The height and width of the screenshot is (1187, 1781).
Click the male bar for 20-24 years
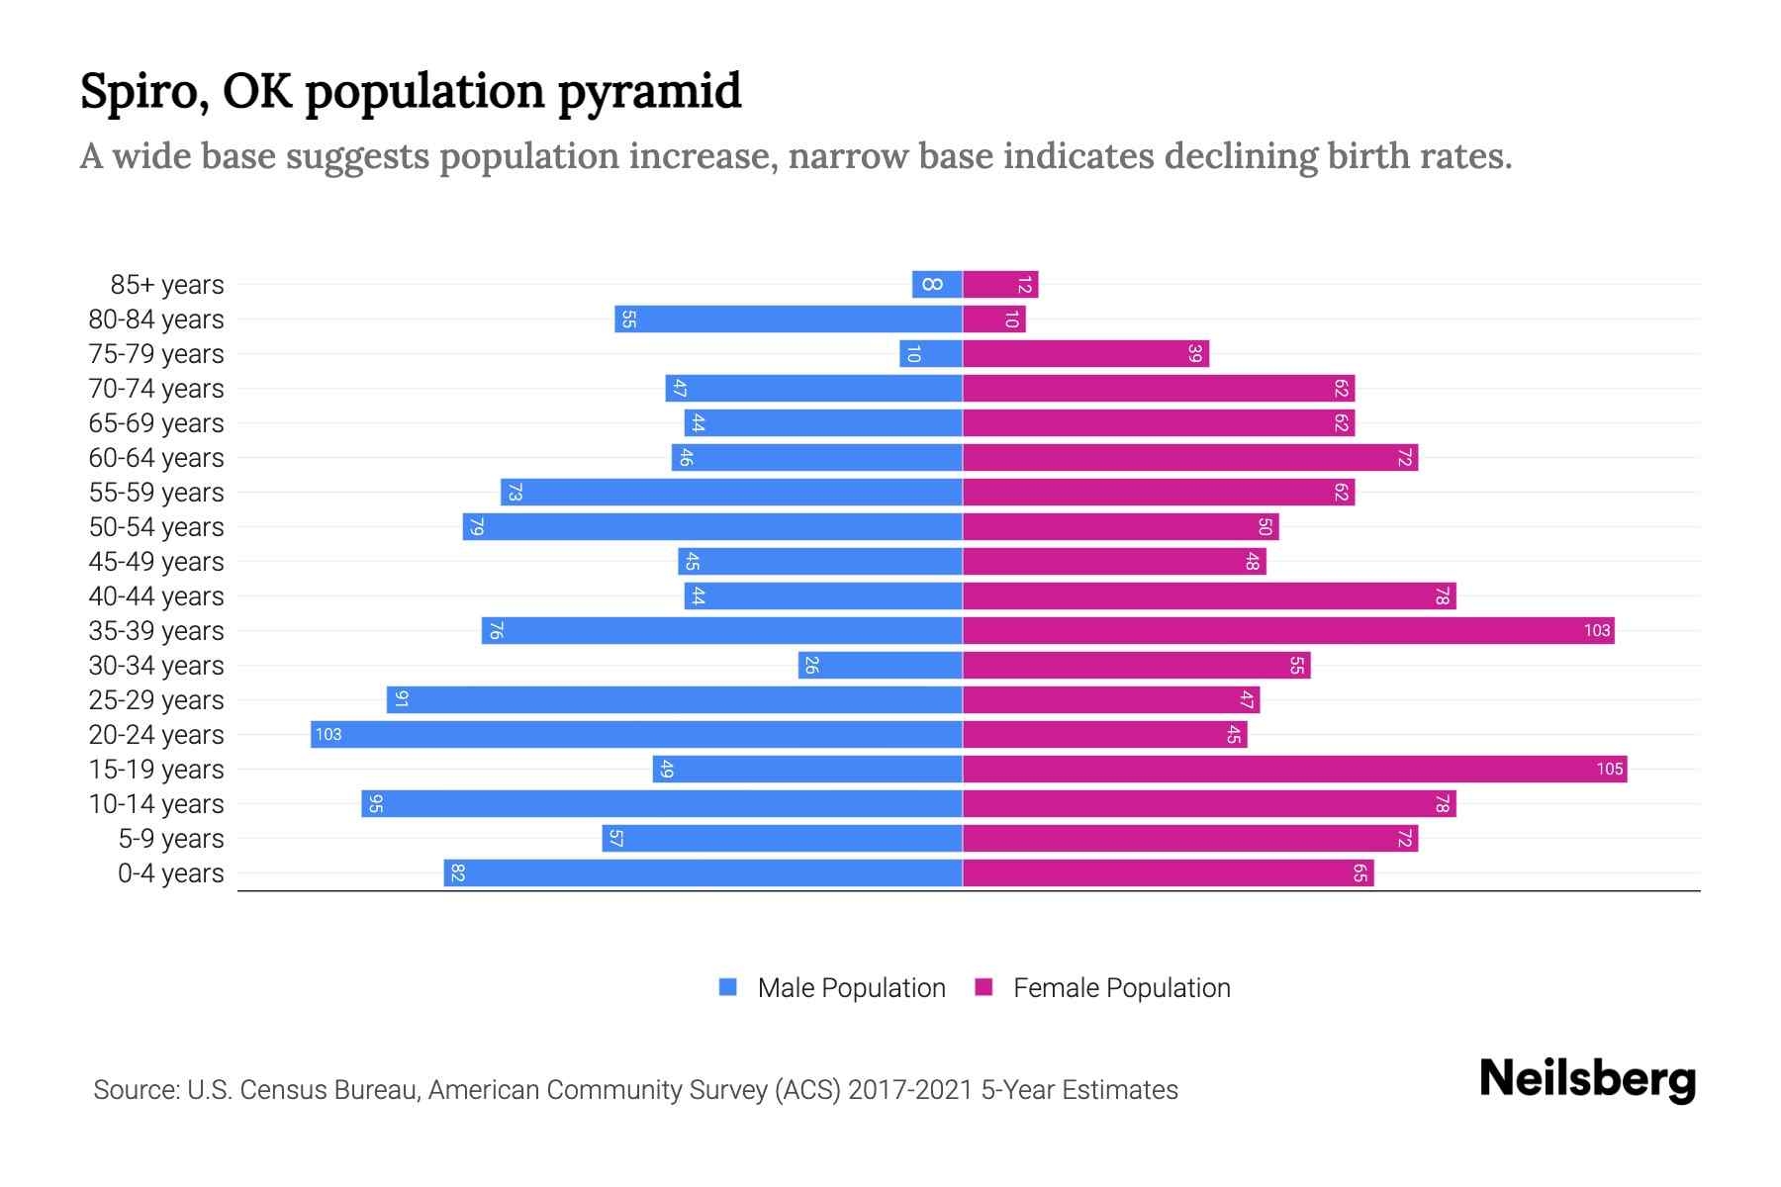tap(636, 734)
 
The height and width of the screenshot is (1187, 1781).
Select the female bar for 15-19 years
tap(1294, 769)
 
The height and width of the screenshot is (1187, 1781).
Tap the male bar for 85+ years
tap(937, 285)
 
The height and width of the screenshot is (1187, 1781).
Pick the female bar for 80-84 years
tap(993, 320)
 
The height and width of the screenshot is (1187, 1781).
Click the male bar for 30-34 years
tap(881, 665)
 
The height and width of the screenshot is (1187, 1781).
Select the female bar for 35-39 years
tap(1288, 630)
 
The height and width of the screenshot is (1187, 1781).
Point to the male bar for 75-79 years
tap(931, 354)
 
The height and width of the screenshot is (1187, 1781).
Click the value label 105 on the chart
tap(1609, 769)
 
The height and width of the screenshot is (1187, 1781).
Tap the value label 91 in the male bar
tap(401, 699)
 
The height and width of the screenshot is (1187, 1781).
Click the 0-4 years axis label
tap(170, 873)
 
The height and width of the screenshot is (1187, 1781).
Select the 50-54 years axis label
tap(156, 527)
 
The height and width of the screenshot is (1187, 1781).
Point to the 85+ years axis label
tap(167, 285)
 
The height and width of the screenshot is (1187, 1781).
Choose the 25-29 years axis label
tap(156, 700)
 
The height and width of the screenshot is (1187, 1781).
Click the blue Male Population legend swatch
tap(728, 987)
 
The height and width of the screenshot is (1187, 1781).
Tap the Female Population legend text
tap(1121, 988)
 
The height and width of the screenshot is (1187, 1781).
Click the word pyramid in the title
tap(648, 92)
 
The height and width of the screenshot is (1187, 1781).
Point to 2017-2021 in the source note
tap(910, 1090)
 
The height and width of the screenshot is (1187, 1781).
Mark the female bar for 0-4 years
tap(1168, 872)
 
